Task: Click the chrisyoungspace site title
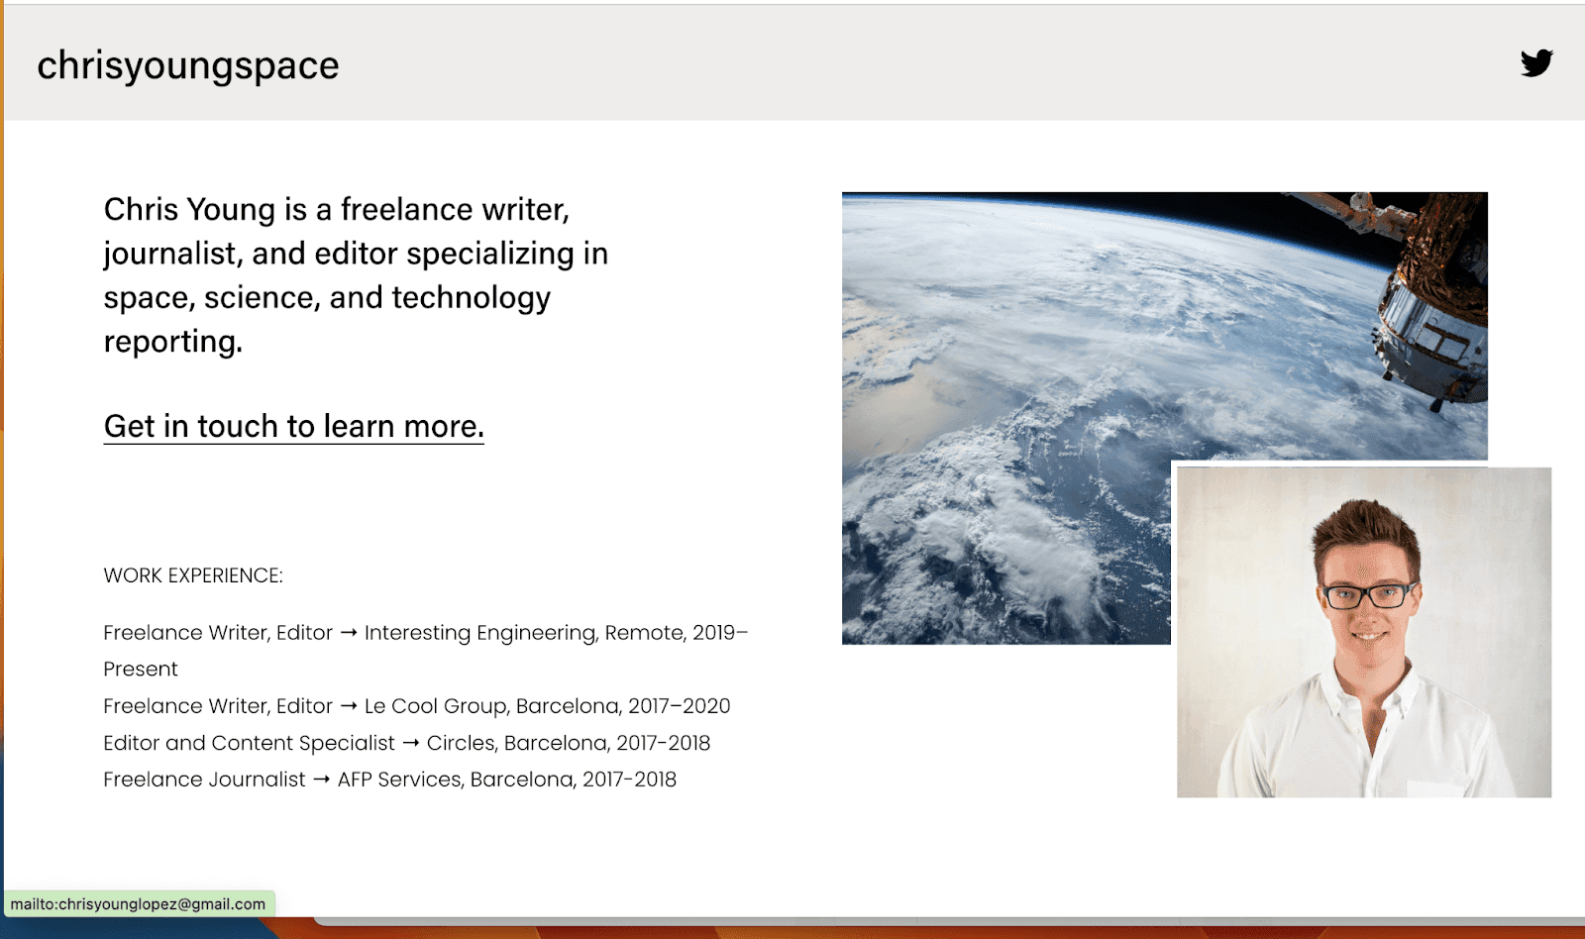tap(188, 65)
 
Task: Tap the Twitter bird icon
tap(1536, 63)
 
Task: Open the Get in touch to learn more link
tap(293, 426)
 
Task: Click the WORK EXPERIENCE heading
tap(193, 575)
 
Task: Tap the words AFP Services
tap(399, 780)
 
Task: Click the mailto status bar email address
tap(138, 904)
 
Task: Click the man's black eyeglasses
tap(1368, 595)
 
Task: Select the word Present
tap(141, 670)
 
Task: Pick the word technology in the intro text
tap(471, 297)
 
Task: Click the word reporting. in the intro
tap(173, 342)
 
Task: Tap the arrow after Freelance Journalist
tap(321, 780)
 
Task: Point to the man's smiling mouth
tap(1368, 636)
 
